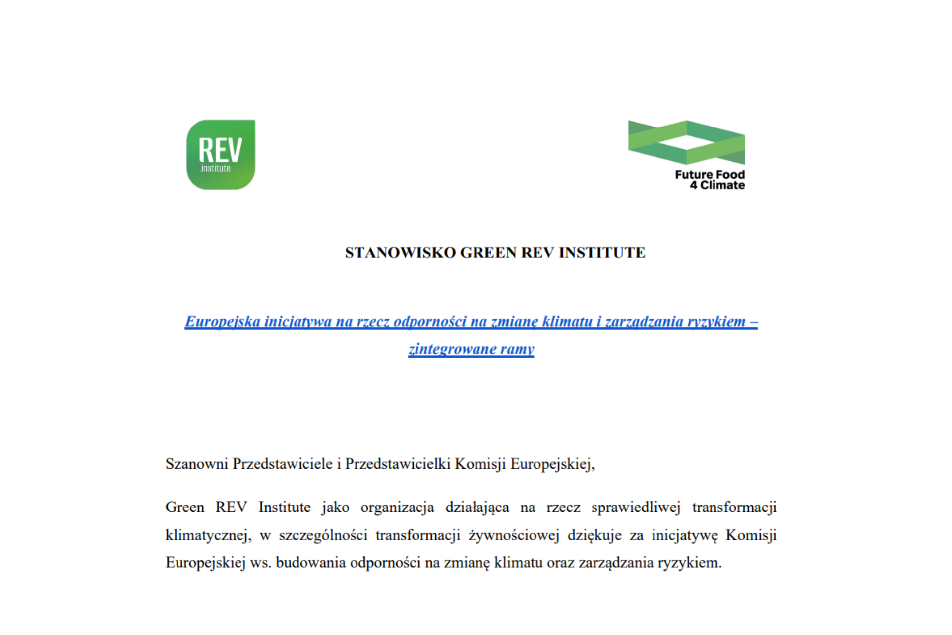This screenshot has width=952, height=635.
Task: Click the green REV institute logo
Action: (x=221, y=154)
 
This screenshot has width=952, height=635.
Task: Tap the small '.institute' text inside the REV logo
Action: (x=215, y=169)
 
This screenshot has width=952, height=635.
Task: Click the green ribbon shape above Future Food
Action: (x=686, y=142)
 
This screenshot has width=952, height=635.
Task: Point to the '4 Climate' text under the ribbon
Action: (x=717, y=185)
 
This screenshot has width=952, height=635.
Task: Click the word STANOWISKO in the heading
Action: (x=400, y=253)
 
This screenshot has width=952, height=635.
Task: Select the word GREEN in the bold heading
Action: (x=488, y=253)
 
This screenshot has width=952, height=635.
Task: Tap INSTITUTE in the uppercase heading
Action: (x=602, y=253)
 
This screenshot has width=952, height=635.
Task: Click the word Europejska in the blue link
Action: (x=223, y=322)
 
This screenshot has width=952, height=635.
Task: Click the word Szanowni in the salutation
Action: (x=196, y=464)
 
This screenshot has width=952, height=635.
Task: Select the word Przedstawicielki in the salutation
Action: (x=398, y=464)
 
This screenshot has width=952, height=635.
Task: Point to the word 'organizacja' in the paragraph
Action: (x=397, y=508)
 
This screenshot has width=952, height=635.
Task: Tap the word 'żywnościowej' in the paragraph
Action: (x=514, y=535)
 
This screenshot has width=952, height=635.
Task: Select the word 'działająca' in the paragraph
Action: (x=477, y=508)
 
